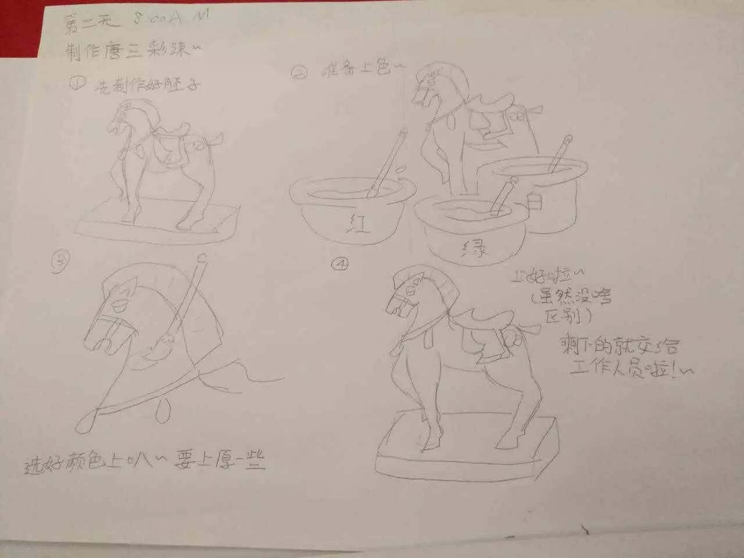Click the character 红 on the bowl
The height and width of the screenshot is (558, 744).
(x=359, y=223)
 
